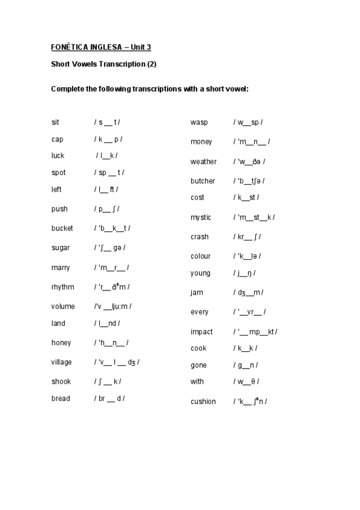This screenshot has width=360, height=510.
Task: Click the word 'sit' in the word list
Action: coord(55,122)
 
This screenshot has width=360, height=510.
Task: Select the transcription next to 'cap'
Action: coord(108,139)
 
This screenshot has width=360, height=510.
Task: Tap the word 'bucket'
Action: coord(62,229)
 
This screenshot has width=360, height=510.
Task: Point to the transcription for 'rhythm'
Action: coord(112,287)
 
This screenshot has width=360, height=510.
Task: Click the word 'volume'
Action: coord(63,306)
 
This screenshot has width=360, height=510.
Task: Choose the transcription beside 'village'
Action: coord(117,362)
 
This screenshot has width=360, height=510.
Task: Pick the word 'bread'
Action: coord(61,398)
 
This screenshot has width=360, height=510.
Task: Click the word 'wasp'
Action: coord(199,122)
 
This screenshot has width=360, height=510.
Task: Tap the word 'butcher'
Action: coord(203,181)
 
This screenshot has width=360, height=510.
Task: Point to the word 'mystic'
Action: coord(201,217)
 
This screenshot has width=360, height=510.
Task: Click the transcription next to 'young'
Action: coord(245,273)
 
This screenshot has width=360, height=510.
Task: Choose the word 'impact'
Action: coord(201,332)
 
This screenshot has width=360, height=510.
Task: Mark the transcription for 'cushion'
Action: coord(250,401)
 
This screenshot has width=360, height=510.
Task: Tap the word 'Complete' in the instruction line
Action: coord(67,88)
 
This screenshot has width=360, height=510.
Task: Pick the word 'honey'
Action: coord(61,343)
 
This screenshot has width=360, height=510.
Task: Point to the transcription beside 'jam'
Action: coord(248,292)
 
